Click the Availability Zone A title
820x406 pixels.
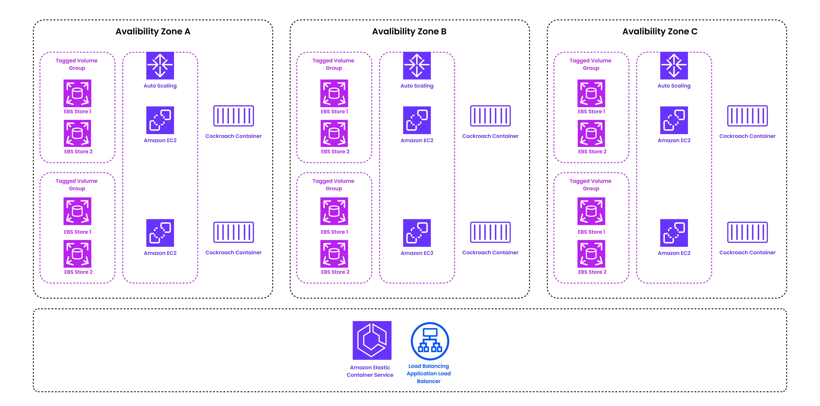(x=153, y=32)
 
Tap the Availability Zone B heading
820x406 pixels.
(x=409, y=32)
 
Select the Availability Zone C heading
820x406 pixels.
(x=660, y=32)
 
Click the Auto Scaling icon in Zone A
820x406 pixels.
(x=160, y=65)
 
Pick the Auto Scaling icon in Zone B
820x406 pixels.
(x=417, y=65)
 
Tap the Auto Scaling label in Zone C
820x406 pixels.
(x=674, y=86)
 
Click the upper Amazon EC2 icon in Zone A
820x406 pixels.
(x=160, y=120)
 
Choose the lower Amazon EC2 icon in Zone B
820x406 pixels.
(x=417, y=233)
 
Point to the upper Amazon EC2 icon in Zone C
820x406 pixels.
(x=674, y=120)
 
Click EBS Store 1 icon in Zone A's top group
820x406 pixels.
(x=77, y=93)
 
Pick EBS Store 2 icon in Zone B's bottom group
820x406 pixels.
(x=334, y=254)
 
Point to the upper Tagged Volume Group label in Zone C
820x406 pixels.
(x=590, y=64)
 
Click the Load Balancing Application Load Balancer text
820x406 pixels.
(x=429, y=374)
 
